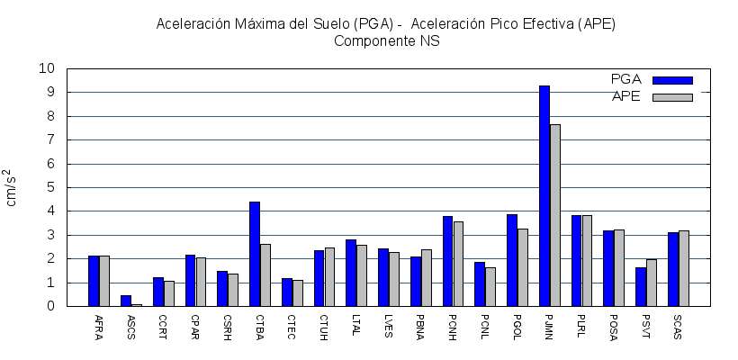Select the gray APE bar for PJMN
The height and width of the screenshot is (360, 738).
(555, 215)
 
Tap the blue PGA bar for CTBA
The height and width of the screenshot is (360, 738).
(255, 254)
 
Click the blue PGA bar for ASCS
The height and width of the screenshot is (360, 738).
(126, 301)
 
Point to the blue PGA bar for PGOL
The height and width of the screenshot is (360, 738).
(512, 260)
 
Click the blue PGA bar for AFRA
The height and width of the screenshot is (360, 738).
(94, 281)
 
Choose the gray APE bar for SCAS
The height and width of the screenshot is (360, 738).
(684, 268)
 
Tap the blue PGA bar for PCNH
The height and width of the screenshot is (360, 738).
(447, 261)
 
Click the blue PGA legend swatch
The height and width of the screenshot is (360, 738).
(672, 80)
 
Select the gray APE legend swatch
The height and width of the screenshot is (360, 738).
(672, 97)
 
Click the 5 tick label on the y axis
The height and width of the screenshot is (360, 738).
(50, 187)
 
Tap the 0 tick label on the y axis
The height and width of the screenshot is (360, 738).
(50, 306)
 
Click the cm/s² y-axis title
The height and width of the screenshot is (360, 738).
(11, 187)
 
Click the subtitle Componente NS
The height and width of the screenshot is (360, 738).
(386, 41)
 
